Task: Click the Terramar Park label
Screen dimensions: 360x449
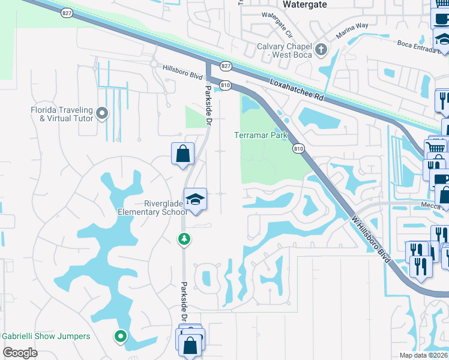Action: coord(261,136)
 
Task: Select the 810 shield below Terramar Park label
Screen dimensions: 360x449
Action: coord(298,148)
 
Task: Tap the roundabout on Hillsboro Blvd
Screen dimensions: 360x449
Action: coord(154,63)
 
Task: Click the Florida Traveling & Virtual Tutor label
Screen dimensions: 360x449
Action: coord(62,114)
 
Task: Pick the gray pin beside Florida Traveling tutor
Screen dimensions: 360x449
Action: coord(102,112)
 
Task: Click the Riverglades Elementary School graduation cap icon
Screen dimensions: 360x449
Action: coord(195,199)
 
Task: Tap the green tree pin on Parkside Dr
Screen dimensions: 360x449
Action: coord(184,239)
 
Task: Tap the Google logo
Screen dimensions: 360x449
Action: coord(20,352)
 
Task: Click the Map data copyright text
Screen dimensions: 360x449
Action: coord(423,355)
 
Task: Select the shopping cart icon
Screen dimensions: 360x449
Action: coord(435,147)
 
